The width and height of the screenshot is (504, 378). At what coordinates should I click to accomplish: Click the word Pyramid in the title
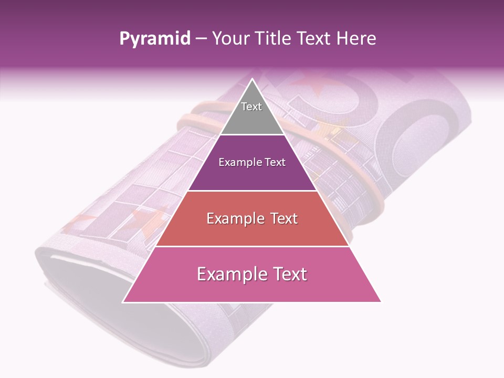click(155, 39)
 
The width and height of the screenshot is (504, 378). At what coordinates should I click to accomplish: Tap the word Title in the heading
click(275, 39)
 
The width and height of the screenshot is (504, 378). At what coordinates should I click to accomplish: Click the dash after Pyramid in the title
click(201, 39)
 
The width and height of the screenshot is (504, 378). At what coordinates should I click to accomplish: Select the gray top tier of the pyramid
click(252, 118)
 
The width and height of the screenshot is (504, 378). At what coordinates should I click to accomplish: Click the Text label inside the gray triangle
click(251, 107)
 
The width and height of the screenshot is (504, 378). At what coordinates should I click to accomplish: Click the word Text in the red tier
click(281, 218)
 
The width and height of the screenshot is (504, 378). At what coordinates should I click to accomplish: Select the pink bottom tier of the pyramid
click(252, 286)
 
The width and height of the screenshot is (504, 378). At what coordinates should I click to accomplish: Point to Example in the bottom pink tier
click(231, 275)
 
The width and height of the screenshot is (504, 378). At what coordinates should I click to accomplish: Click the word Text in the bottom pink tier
click(289, 274)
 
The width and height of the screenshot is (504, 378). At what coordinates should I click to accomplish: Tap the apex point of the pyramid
click(252, 79)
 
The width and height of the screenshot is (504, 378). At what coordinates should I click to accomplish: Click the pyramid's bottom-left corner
click(123, 302)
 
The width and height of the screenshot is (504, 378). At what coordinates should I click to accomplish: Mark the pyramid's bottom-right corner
click(381, 302)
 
